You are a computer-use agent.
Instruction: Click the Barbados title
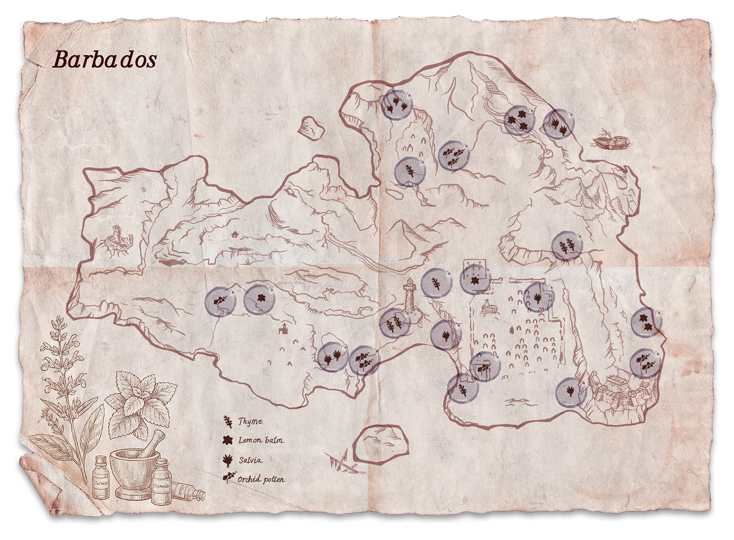click(x=104, y=60)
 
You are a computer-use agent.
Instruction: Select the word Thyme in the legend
click(x=250, y=421)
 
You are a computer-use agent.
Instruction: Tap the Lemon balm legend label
click(x=261, y=440)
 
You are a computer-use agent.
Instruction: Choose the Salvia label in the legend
click(x=251, y=460)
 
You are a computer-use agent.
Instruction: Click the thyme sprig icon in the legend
click(x=228, y=421)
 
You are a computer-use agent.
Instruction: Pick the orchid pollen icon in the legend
click(x=228, y=478)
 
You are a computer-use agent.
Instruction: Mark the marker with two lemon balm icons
click(x=646, y=321)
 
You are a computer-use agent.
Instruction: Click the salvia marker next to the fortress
click(x=571, y=392)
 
